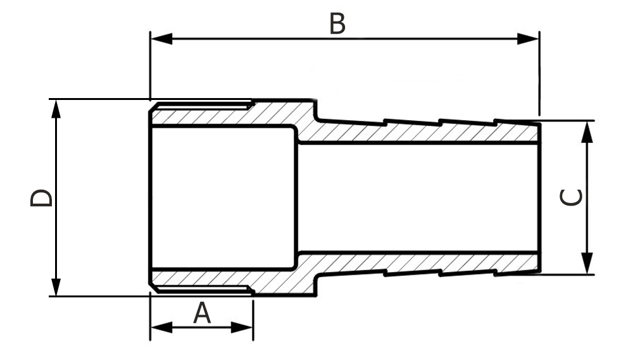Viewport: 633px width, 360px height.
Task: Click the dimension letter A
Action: coord(201,313)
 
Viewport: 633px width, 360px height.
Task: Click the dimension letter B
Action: coord(337,25)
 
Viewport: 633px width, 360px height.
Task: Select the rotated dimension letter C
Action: coord(572,198)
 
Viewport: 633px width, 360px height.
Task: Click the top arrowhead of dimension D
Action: coord(56,109)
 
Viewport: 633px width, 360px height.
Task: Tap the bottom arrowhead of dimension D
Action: coord(56,287)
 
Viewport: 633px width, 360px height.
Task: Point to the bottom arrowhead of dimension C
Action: coord(588,264)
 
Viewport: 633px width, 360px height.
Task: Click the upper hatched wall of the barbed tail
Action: coord(418,132)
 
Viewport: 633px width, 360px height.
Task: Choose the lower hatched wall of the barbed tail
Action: coord(418,263)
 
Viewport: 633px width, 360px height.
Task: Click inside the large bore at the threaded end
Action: coord(222,197)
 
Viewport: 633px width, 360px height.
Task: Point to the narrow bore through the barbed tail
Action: coord(418,197)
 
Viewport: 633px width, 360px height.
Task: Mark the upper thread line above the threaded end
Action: coord(203,103)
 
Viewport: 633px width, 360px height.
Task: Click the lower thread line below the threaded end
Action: coord(203,292)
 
